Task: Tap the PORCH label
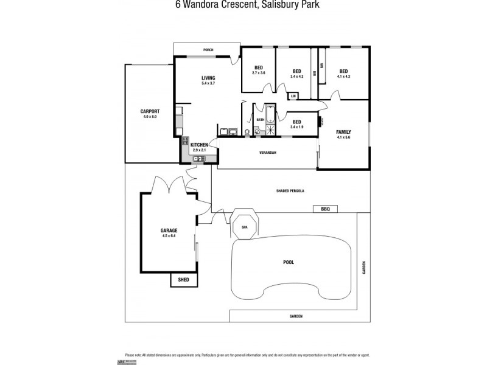tap(208, 50)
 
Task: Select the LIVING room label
tap(208, 78)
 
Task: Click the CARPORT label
tap(150, 111)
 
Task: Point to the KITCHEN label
tap(199, 144)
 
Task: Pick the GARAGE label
tap(169, 231)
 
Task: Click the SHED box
tap(183, 280)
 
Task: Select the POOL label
tap(289, 262)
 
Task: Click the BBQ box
tap(325, 209)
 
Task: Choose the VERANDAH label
tap(268, 153)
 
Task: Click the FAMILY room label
tap(344, 132)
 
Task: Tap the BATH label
tap(260, 120)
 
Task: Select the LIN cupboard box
tap(293, 96)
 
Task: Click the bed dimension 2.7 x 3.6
tap(259, 73)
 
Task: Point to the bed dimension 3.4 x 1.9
tap(297, 127)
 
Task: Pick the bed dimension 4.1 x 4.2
tap(343, 77)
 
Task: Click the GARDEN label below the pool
tap(296, 316)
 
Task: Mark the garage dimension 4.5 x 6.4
tap(169, 236)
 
